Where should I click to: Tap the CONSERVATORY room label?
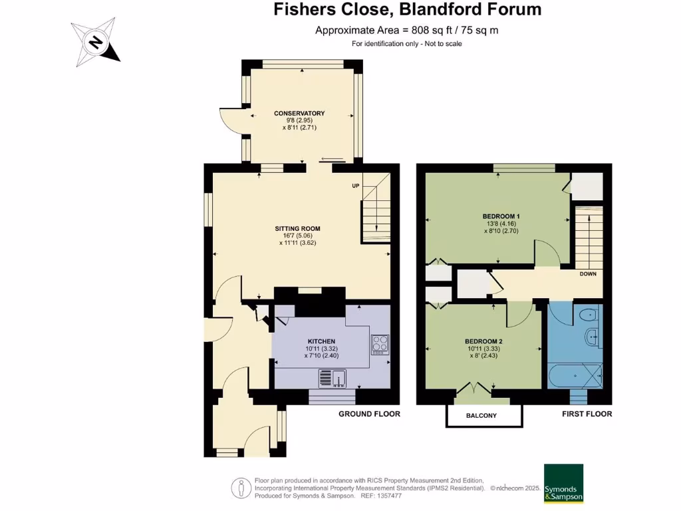click(x=299, y=113)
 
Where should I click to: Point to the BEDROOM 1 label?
click(x=501, y=216)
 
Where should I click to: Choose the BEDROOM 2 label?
click(x=483, y=341)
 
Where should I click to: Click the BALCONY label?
click(x=483, y=416)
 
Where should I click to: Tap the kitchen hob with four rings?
click(x=380, y=344)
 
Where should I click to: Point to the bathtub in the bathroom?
click(x=575, y=376)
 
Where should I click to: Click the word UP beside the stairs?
click(x=355, y=185)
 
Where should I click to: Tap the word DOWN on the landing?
click(x=587, y=273)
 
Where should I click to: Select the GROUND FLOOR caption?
click(x=369, y=414)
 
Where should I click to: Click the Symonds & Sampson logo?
click(x=563, y=484)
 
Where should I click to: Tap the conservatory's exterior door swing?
click(x=230, y=120)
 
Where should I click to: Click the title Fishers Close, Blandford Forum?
click(x=408, y=9)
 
